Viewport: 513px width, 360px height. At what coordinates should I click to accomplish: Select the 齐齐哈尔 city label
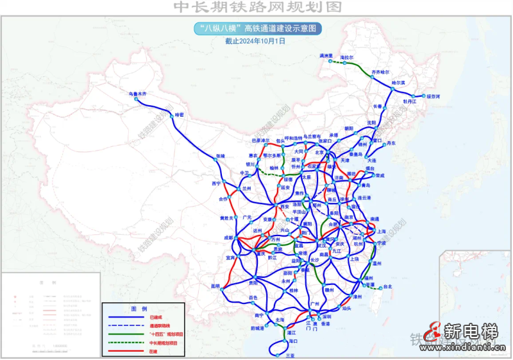[x=380, y=73]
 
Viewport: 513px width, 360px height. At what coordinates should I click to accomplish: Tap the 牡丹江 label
[x=410, y=101]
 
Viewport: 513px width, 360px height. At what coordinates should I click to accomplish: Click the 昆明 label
[x=214, y=286]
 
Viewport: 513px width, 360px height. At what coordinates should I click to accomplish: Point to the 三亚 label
[x=290, y=355]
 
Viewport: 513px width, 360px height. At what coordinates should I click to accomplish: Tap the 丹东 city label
[x=392, y=143]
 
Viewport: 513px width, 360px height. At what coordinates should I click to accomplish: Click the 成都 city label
[x=229, y=238]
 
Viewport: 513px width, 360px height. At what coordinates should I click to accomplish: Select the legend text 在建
[x=153, y=350]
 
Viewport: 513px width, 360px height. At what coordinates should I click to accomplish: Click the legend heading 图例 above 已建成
[x=139, y=309]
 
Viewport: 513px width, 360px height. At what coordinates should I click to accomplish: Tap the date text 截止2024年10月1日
[x=255, y=40]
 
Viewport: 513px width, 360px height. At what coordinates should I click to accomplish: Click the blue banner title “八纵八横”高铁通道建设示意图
[x=256, y=28]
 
